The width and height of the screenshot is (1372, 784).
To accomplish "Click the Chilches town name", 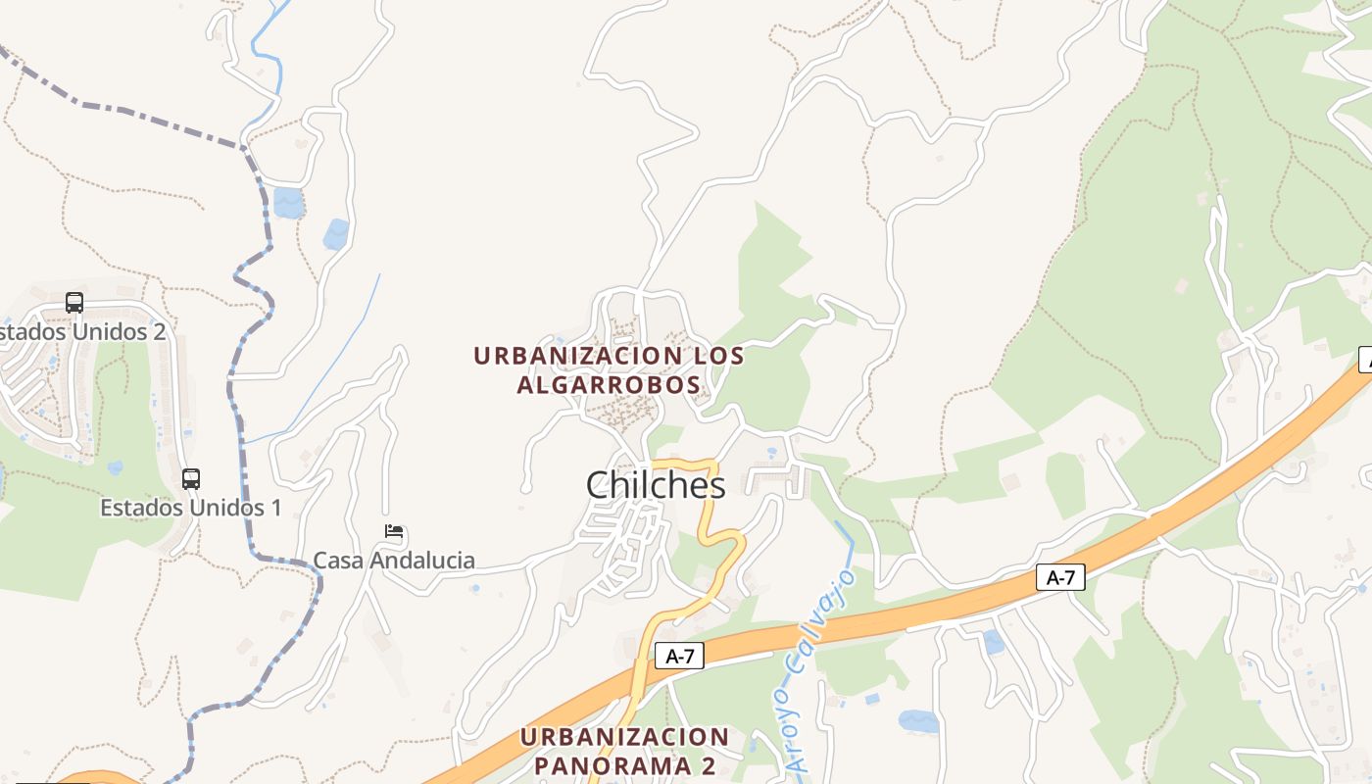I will click(656, 485).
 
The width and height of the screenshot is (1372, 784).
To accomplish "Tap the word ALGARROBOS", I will click(609, 384).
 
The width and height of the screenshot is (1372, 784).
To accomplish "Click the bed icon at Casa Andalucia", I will click(394, 532).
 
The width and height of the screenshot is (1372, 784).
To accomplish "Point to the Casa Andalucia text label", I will click(394, 561).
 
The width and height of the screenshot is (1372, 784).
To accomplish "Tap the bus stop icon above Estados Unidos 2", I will click(74, 303).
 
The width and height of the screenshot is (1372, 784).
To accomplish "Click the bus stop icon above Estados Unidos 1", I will click(191, 479).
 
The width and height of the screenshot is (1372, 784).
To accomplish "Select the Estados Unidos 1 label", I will click(191, 508).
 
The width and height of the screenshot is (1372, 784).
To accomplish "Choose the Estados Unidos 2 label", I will click(82, 331).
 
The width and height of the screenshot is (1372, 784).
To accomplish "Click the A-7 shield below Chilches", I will click(679, 657).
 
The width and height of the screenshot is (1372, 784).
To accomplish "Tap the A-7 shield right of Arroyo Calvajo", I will click(1060, 578).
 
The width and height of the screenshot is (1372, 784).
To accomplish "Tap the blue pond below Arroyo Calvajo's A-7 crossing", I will click(918, 722).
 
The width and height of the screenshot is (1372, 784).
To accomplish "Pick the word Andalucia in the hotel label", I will click(427, 561).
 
